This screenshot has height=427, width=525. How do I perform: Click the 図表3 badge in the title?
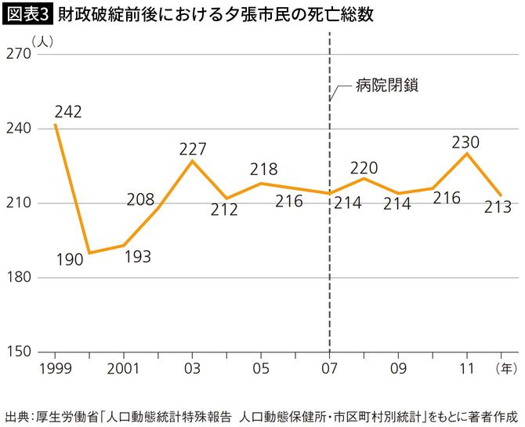(x=28, y=15)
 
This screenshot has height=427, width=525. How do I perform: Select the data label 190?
(x=69, y=260)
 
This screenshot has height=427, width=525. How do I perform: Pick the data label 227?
(x=192, y=148)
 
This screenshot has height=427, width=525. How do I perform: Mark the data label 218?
(x=264, y=169)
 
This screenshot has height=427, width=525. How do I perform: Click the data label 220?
(x=364, y=166)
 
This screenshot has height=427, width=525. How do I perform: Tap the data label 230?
(x=465, y=142)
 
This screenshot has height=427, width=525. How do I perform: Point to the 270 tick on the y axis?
(x=18, y=54)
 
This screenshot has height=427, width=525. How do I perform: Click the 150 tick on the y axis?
(x=18, y=352)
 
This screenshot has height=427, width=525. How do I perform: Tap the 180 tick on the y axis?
(x=18, y=277)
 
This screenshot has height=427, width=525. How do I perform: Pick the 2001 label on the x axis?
(x=124, y=367)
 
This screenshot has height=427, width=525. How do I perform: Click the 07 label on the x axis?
(x=329, y=367)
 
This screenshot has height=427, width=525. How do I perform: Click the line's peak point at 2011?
(x=467, y=153)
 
